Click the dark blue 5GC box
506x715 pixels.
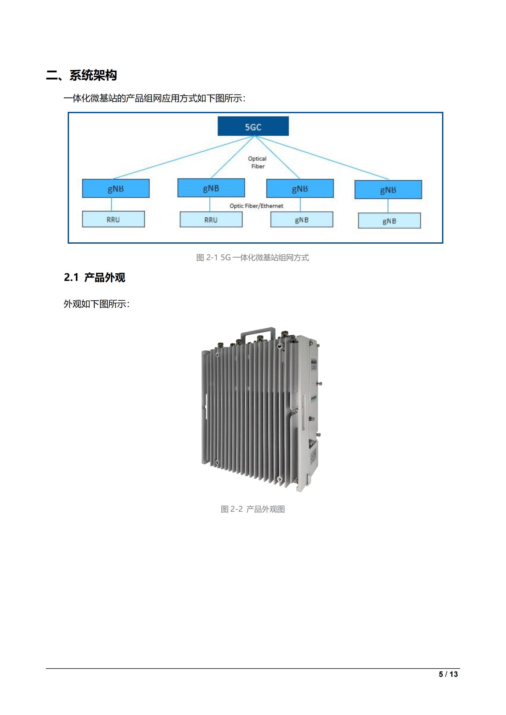pyautogui.click(x=253, y=126)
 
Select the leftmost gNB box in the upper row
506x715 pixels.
pyautogui.click(x=116, y=188)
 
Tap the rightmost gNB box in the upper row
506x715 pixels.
pyautogui.click(x=388, y=190)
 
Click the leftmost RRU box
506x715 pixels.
pyautogui.click(x=113, y=219)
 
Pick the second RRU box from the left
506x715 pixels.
pyautogui.click(x=211, y=219)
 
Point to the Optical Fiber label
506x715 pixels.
pyautogui.click(x=257, y=162)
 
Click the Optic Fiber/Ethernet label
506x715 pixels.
pyautogui.click(x=256, y=206)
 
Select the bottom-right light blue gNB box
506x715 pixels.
pyautogui.click(x=389, y=221)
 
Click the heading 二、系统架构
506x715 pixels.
pyautogui.click(x=81, y=76)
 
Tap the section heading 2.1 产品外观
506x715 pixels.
pyautogui.click(x=95, y=277)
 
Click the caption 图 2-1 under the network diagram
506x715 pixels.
pyautogui.click(x=252, y=257)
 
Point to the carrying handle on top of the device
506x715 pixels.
pyautogui.click(x=259, y=331)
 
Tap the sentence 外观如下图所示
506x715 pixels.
pyautogui.click(x=96, y=304)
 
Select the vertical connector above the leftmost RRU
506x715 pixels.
pyautogui.click(x=112, y=204)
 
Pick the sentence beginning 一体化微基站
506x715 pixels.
pyautogui.click(x=154, y=98)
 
